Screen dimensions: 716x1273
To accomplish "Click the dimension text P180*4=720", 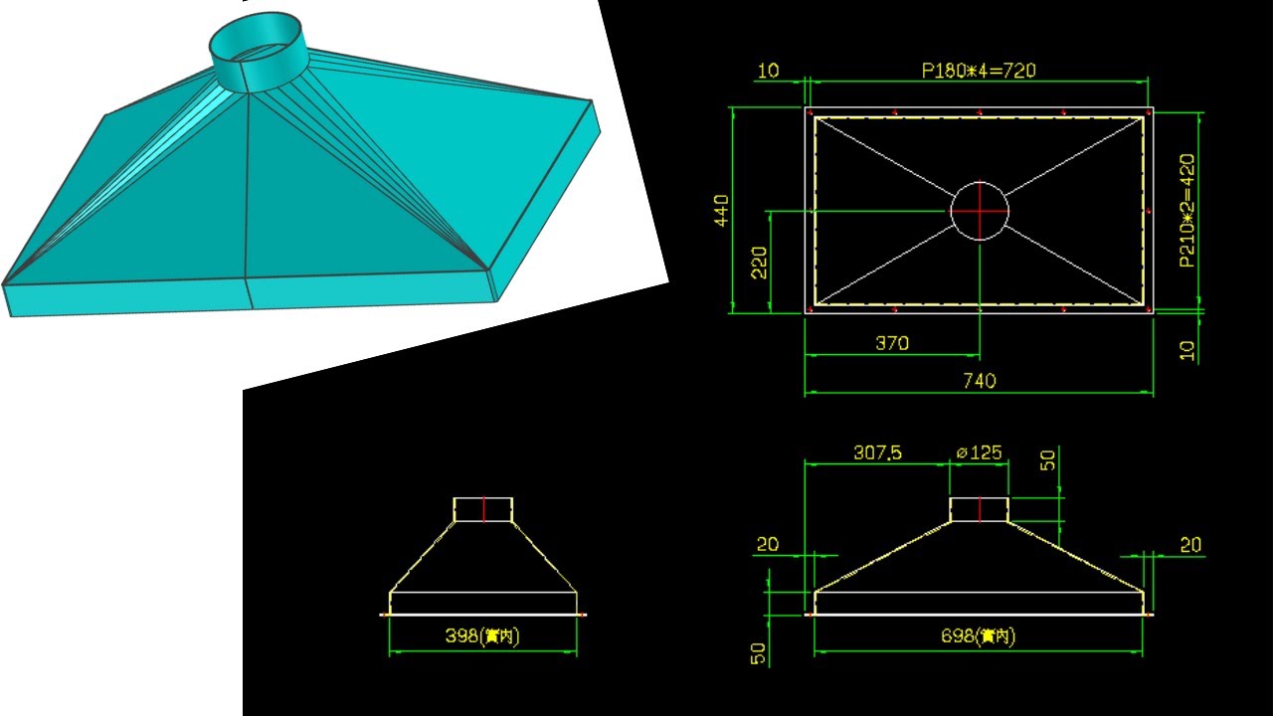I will [980, 71].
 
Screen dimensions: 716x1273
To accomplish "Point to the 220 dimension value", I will [759, 262].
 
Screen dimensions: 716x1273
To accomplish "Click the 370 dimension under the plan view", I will [891, 343].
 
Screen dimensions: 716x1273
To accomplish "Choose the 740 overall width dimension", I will [980, 380].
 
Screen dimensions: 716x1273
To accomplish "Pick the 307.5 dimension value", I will [877, 452].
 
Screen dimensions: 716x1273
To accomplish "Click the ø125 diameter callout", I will [979, 452].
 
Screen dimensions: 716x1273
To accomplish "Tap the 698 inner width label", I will [979, 637].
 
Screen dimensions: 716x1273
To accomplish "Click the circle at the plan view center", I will [980, 211].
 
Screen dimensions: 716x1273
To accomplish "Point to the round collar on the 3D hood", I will [256, 50].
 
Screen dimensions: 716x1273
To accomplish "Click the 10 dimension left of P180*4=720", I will [768, 71].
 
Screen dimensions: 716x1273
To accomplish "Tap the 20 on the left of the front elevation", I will [768, 544].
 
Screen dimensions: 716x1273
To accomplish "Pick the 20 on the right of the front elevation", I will [1189, 544].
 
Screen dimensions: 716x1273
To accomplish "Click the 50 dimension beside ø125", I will [1046, 459].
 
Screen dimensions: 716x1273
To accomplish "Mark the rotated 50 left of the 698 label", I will [759, 652].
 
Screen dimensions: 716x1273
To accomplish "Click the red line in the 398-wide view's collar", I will [483, 509].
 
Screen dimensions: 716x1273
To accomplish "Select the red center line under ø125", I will [980, 509].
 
